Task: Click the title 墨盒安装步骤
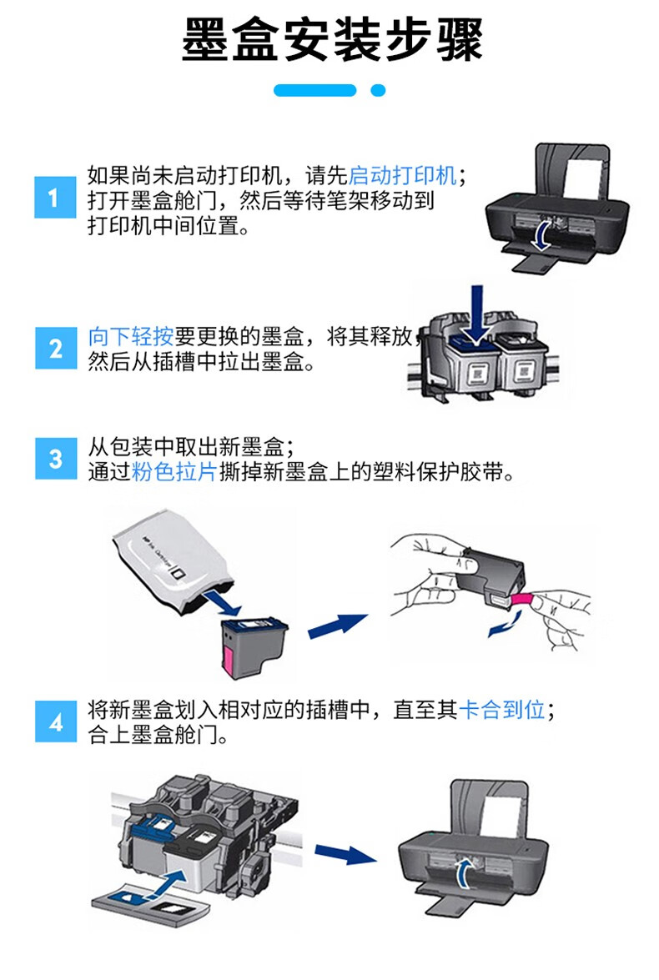pos(332,40)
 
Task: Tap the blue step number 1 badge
pos(54,198)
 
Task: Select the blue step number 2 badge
pos(55,348)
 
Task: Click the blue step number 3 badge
pos(56,459)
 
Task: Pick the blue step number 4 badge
pos(56,722)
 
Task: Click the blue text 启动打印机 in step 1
pos(402,176)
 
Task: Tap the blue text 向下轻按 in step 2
pos(131,337)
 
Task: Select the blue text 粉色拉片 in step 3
pos(174,472)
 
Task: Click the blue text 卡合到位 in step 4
pos(502,710)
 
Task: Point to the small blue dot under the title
pos(378,91)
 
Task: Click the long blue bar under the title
pos(315,91)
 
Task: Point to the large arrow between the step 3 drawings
pos(337,625)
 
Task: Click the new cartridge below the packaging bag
pos(254,649)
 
